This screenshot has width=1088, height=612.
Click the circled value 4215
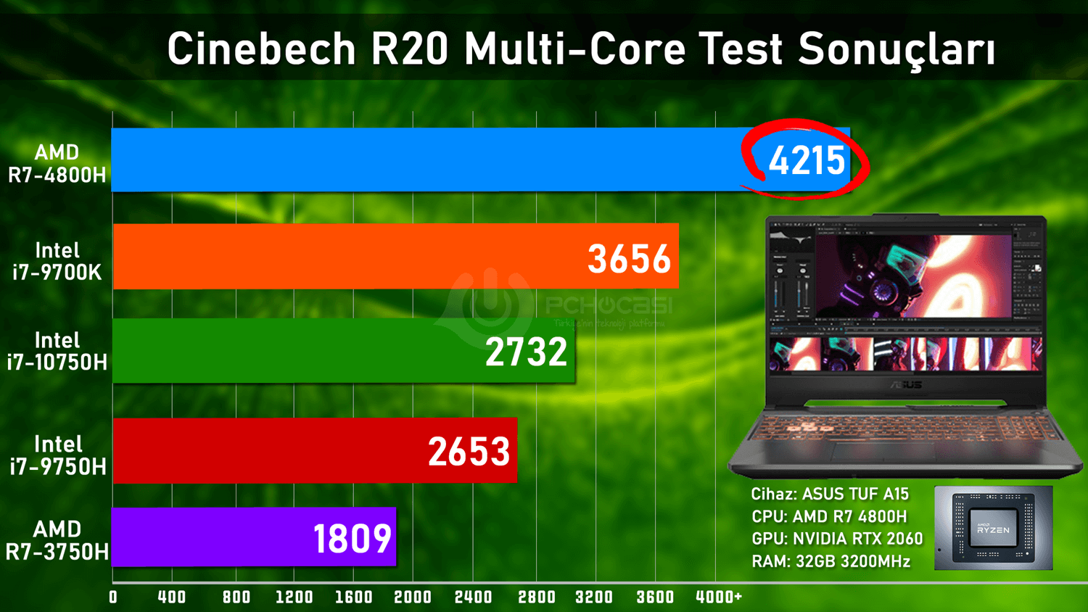click(x=807, y=160)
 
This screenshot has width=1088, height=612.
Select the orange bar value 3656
click(x=629, y=259)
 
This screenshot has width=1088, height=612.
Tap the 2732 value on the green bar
click(x=526, y=352)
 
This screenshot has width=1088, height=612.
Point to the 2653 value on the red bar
click(x=469, y=452)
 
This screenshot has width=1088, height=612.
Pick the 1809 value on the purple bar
click(x=353, y=539)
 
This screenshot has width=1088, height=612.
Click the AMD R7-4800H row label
click(x=57, y=164)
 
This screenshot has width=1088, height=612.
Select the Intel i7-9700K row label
click(x=57, y=262)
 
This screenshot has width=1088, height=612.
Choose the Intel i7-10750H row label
click(x=57, y=352)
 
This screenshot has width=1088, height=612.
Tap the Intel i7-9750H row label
click(x=57, y=455)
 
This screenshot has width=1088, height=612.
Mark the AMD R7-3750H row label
click(x=57, y=541)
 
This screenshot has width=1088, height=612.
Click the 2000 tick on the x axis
click(x=413, y=597)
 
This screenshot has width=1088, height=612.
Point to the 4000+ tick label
click(x=718, y=597)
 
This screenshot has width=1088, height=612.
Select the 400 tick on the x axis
click(x=172, y=597)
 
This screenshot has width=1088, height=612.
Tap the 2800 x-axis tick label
click(x=537, y=597)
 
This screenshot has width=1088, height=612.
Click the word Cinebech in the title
click(x=262, y=49)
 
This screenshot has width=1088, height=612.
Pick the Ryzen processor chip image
click(x=993, y=528)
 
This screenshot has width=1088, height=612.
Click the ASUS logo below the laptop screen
click(x=907, y=385)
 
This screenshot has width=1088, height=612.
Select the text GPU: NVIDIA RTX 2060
click(x=837, y=539)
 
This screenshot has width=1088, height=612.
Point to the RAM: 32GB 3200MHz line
click(x=831, y=562)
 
